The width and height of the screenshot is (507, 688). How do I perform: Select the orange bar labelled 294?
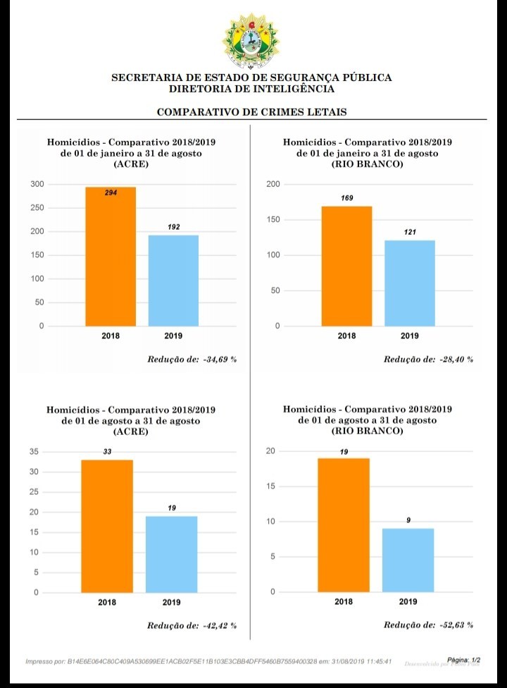[x=111, y=257]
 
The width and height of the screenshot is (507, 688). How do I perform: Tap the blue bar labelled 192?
[x=173, y=280]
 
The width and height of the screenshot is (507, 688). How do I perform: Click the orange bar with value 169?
[x=346, y=266]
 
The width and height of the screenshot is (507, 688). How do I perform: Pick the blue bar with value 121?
[x=409, y=283]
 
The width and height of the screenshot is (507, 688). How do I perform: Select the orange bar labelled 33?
[x=107, y=526]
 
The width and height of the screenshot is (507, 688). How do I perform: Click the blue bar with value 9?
[x=408, y=560]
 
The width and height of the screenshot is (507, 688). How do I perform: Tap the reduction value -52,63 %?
[x=457, y=625]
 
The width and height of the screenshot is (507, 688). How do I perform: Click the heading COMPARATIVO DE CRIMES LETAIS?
[x=251, y=112]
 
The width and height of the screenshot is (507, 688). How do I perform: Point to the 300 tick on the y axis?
[x=37, y=185]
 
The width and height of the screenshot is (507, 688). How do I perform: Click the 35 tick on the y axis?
[x=34, y=452]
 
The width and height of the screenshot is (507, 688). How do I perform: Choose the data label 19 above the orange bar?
[x=344, y=451]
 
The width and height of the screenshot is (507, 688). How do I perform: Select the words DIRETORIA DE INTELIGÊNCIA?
[x=251, y=89]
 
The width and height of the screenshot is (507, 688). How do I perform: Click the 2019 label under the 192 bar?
[x=173, y=336]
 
